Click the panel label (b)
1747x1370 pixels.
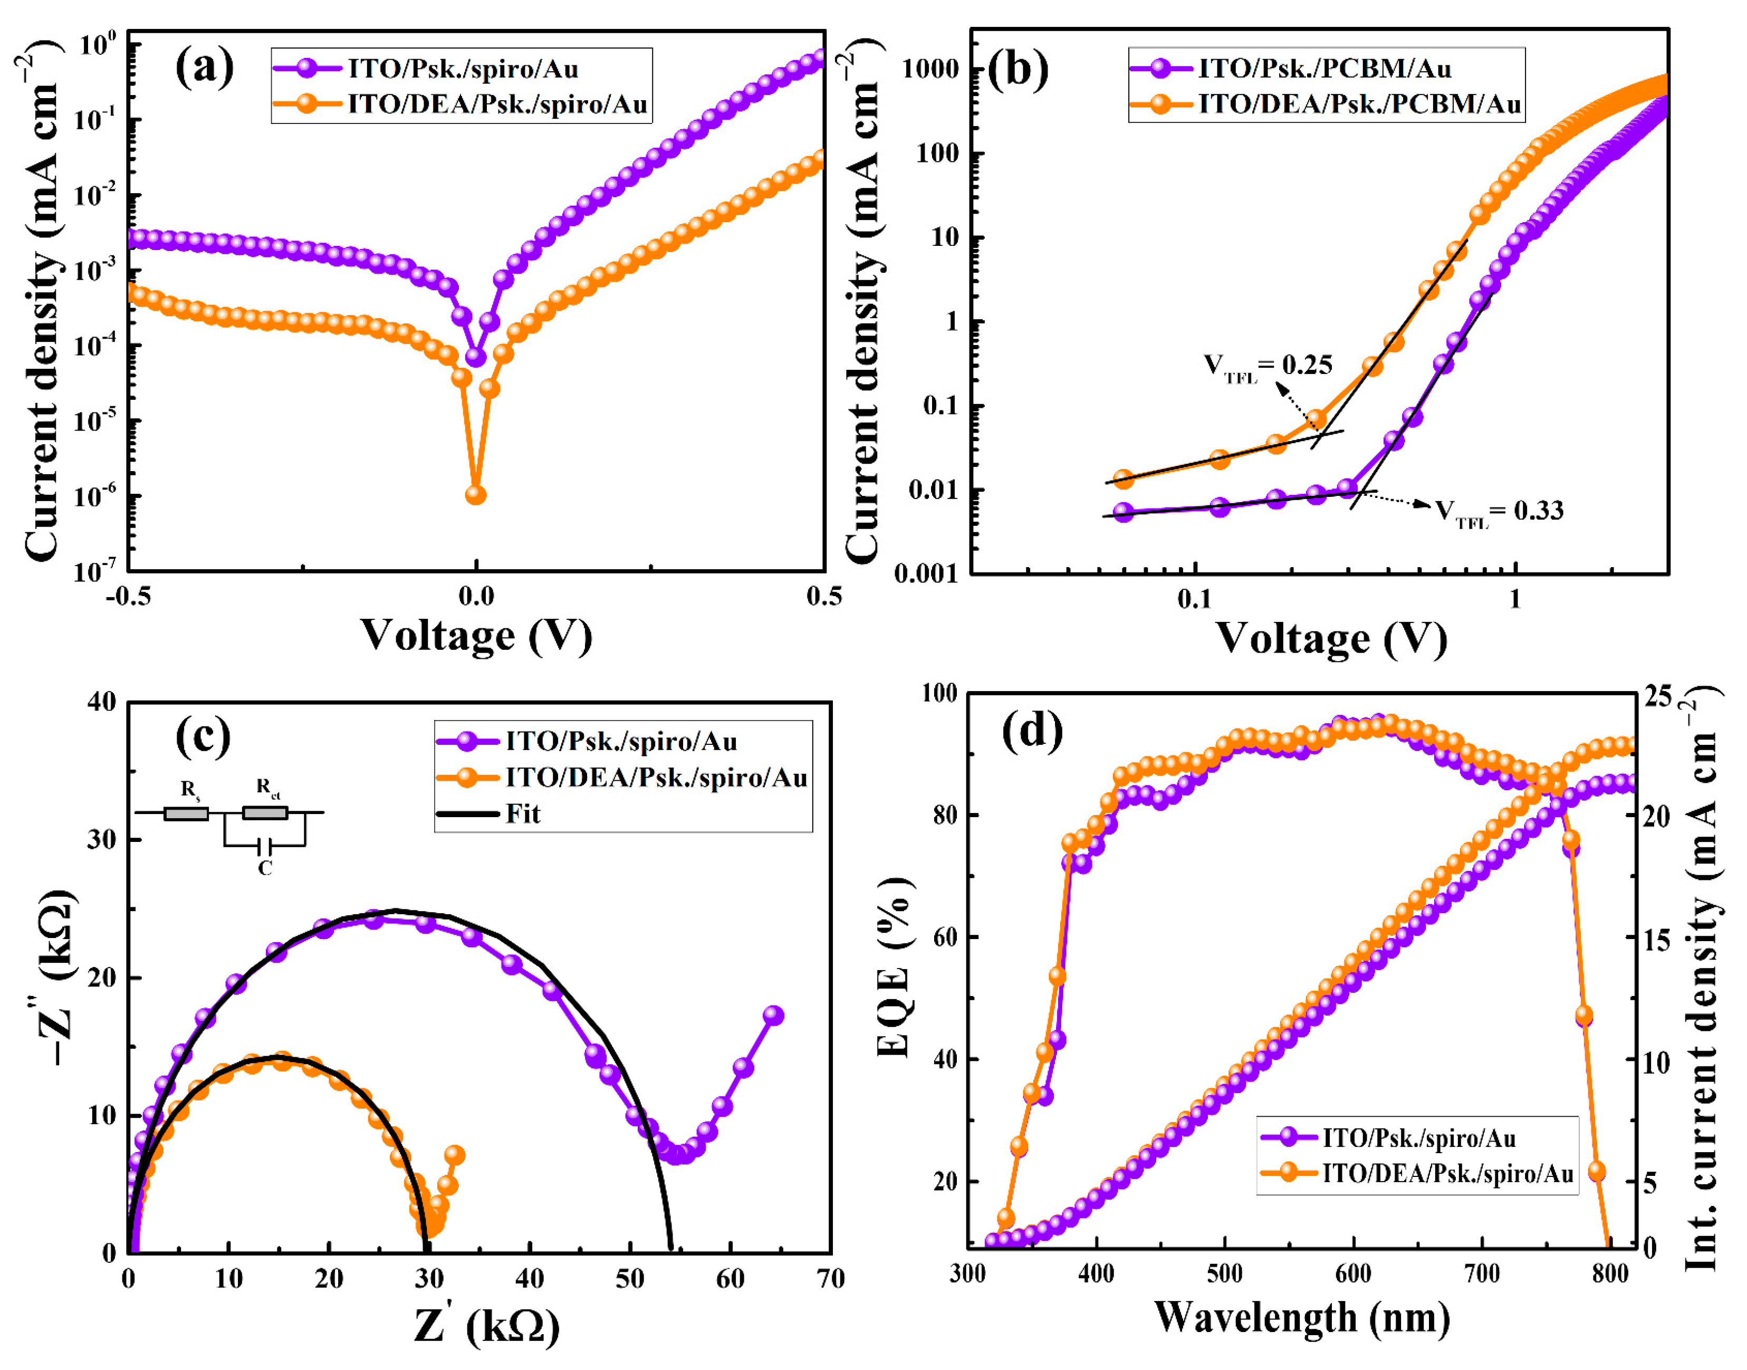1017,69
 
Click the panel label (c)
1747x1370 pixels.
203,736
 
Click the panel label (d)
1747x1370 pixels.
1032,730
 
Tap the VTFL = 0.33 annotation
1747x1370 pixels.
1499,511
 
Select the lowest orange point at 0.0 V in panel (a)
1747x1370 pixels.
476,495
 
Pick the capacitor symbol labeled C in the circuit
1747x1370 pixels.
265,846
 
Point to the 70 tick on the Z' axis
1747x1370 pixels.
830,1279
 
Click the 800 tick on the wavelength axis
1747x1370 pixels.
1609,1274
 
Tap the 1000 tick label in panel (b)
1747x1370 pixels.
930,69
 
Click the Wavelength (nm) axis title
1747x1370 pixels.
1301,1317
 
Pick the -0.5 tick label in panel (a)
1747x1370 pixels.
128,597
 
